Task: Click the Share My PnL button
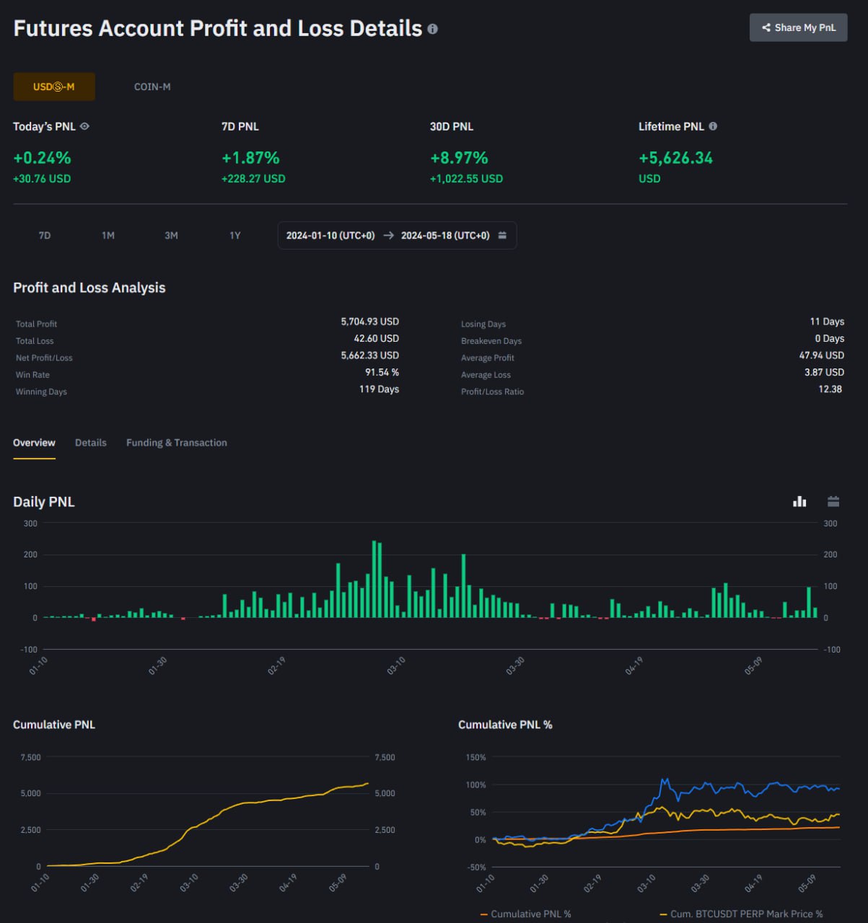click(x=798, y=28)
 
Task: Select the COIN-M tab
click(x=152, y=87)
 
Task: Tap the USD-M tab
click(x=54, y=87)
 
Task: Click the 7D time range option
click(x=45, y=236)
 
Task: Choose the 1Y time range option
click(x=234, y=236)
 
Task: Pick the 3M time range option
click(x=171, y=236)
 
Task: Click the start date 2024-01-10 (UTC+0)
click(x=330, y=236)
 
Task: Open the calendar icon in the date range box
click(x=502, y=235)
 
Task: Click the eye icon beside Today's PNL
click(x=84, y=126)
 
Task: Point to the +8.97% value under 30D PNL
click(x=459, y=158)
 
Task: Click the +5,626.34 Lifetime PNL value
click(x=675, y=158)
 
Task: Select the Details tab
click(x=91, y=443)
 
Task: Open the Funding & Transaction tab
click(x=177, y=443)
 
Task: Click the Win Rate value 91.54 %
click(x=382, y=372)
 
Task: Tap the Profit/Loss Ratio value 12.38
click(x=830, y=389)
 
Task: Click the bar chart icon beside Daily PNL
click(x=799, y=502)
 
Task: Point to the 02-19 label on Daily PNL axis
click(x=276, y=666)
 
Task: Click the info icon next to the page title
click(x=432, y=29)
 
